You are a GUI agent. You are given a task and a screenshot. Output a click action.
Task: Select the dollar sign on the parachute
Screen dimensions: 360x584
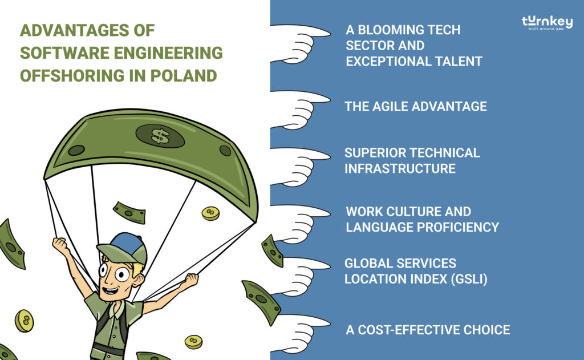pyautogui.click(x=160, y=136)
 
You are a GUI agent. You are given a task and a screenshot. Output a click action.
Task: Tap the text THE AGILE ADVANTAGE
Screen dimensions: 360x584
pyautogui.click(x=416, y=106)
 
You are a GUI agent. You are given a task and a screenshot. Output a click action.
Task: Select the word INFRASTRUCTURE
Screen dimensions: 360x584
pyautogui.click(x=400, y=168)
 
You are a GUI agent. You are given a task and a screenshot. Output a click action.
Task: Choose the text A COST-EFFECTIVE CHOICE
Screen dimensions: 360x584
pyautogui.click(x=428, y=330)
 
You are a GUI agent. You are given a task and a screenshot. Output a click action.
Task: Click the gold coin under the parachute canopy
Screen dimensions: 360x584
pyautogui.click(x=210, y=213)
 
